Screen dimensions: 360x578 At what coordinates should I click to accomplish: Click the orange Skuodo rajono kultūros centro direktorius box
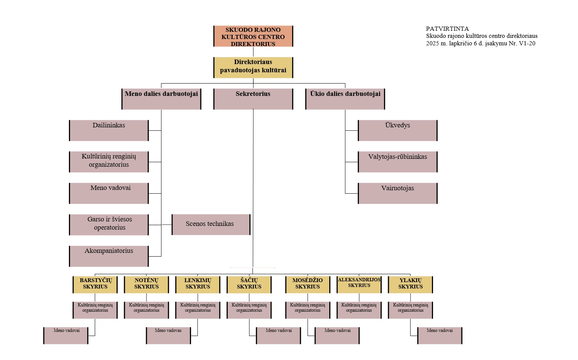coord(253,36)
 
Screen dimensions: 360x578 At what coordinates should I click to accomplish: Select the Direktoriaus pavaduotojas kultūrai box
coord(253,67)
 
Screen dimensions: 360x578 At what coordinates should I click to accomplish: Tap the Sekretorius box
coord(253,99)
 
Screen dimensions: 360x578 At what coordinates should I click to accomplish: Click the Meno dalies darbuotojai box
coord(161,99)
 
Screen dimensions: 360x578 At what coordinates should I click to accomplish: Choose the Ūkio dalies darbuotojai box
coord(345,99)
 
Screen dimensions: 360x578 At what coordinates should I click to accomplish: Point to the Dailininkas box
coord(109,130)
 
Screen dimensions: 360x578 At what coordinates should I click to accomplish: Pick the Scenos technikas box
coord(211,224)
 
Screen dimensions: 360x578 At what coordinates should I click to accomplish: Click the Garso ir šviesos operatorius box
coord(109,224)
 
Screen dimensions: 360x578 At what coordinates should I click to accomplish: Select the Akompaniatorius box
coord(109,256)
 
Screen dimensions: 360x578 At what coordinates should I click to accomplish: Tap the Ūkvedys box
coord(397,130)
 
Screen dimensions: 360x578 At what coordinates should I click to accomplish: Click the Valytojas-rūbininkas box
coord(397,161)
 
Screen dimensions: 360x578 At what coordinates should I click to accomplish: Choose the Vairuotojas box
coord(397,193)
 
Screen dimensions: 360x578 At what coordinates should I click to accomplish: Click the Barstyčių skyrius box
coord(95,284)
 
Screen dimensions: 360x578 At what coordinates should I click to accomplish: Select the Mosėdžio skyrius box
coord(308,284)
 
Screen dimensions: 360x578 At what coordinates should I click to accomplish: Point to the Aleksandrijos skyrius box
coord(359,284)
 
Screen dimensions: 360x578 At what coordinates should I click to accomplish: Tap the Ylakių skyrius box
coord(410,284)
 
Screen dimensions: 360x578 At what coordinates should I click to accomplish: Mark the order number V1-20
coord(527,43)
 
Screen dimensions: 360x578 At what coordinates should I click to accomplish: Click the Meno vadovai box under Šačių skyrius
coord(278,335)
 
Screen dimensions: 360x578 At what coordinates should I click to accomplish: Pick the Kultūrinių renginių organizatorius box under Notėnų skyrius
coord(146,310)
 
